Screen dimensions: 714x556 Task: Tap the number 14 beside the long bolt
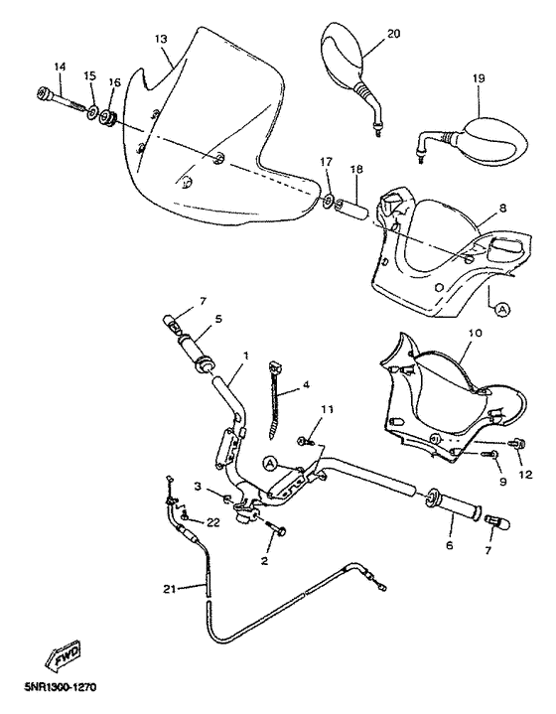tap(59, 68)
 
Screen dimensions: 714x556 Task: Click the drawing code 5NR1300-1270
tap(55, 686)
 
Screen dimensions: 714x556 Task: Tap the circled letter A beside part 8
tap(501, 310)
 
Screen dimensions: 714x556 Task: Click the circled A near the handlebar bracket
tap(270, 462)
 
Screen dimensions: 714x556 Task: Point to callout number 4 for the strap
tap(306, 383)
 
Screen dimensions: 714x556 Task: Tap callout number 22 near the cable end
tap(213, 522)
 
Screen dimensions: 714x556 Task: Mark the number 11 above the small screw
tap(328, 409)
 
